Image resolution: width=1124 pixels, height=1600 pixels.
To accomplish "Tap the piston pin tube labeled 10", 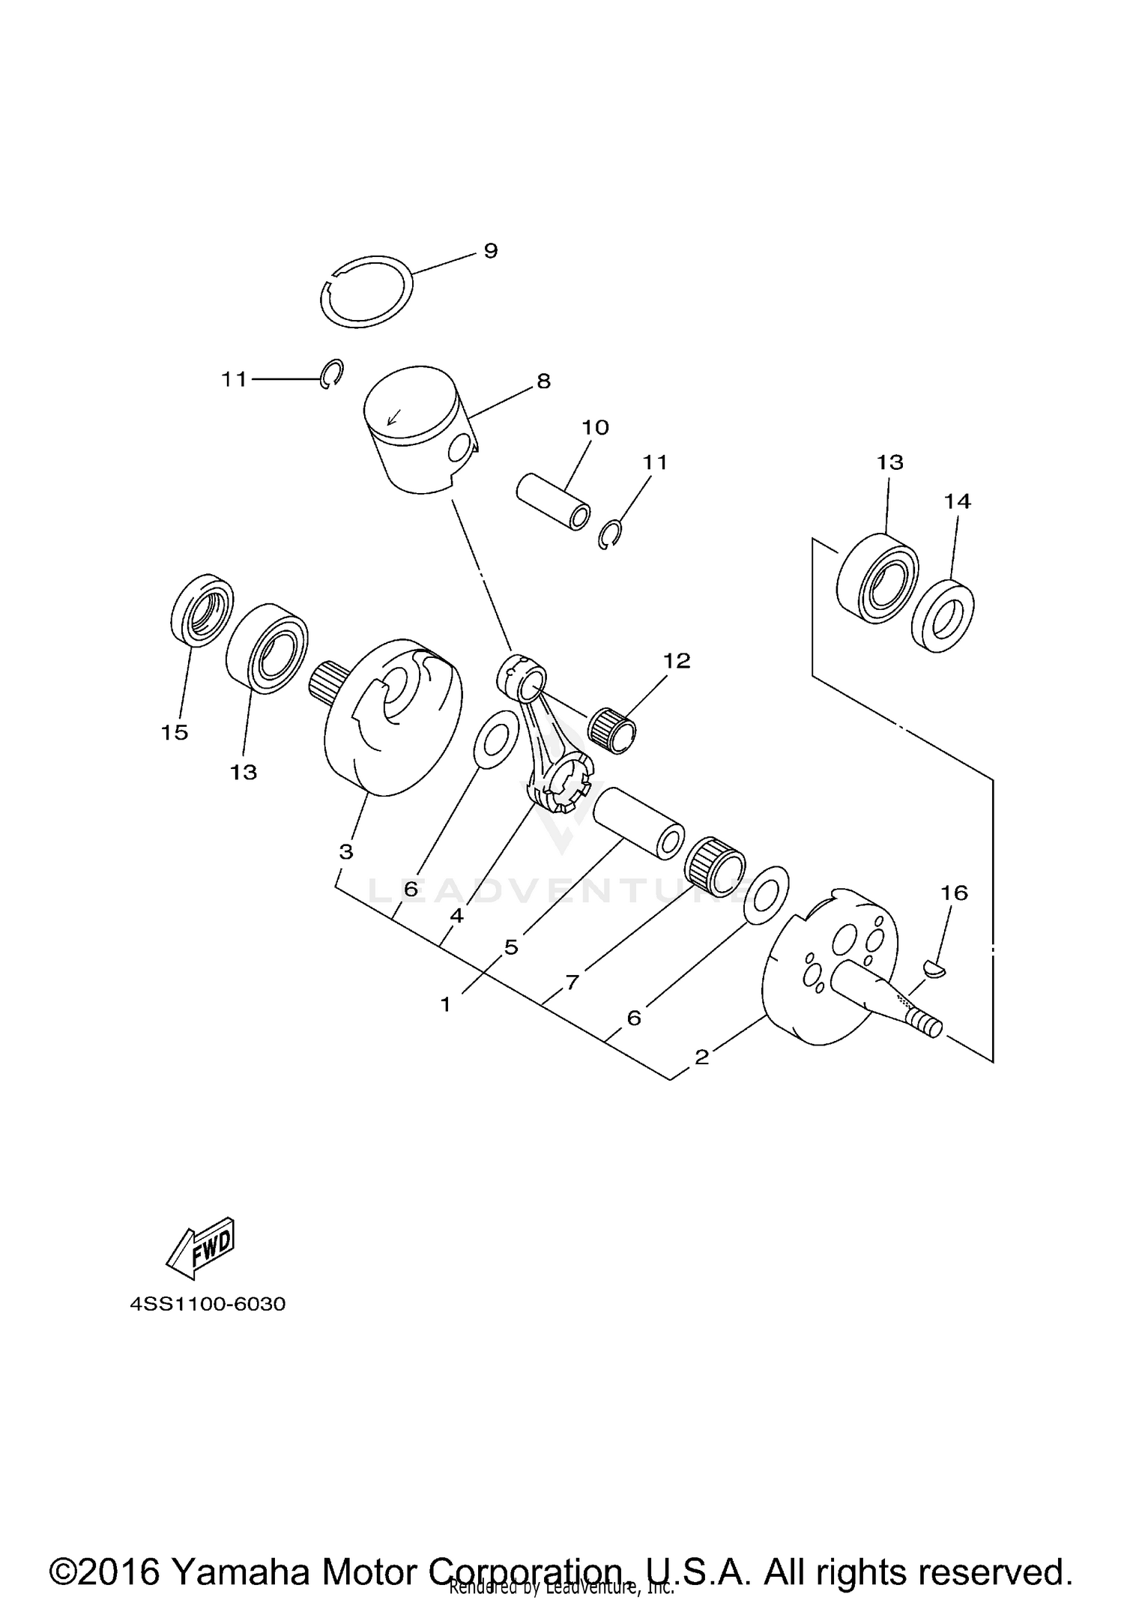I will [553, 501].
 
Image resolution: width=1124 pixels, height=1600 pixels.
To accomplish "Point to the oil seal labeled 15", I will [199, 609].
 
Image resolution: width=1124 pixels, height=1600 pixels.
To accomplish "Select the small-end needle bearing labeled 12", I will [613, 731].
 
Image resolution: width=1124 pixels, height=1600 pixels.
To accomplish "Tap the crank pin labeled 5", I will [638, 822].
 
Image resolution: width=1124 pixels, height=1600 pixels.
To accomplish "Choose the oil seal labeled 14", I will [943, 615].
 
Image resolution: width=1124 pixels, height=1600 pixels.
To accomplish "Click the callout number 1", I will [446, 1003].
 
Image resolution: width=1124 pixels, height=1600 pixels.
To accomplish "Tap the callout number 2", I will [701, 1057].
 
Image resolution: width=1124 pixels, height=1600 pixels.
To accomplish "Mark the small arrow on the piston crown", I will [393, 416].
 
